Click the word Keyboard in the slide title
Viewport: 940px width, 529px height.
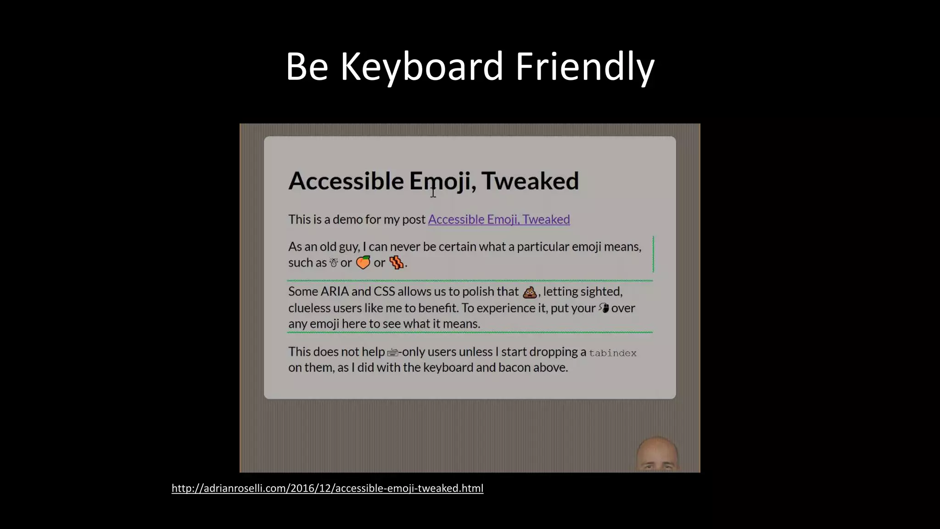422,67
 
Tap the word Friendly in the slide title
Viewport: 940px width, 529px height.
585,67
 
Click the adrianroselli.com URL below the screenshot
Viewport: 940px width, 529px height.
327,488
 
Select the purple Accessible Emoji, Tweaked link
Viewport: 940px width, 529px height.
499,219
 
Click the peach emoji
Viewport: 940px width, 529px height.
363,262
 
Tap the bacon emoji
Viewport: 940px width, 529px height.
396,262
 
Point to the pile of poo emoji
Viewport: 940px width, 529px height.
530,292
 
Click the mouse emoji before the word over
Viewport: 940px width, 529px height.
604,308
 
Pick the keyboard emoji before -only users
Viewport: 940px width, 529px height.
392,353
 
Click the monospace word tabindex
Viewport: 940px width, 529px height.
613,353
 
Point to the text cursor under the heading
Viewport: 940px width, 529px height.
433,192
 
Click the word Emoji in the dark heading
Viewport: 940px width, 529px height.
440,181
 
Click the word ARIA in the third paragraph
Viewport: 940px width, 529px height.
334,292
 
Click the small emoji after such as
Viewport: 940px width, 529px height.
334,263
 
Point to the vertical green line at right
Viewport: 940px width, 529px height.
653,254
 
